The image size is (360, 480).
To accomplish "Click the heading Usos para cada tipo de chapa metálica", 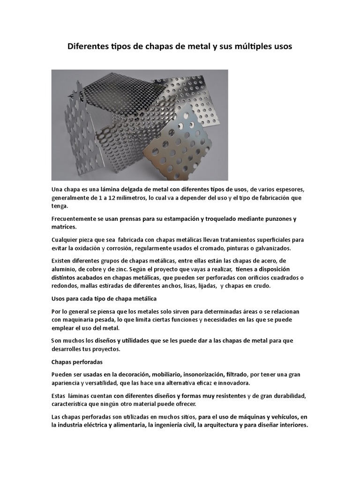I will point(104,299).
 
